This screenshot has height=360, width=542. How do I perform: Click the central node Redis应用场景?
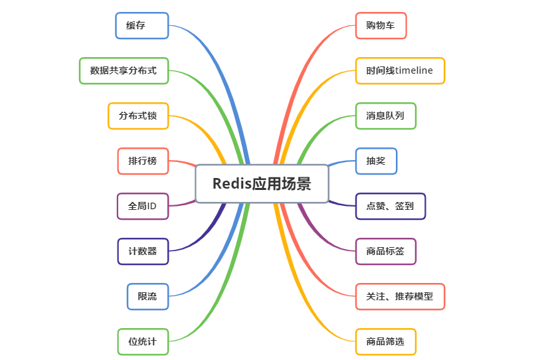[x=262, y=183]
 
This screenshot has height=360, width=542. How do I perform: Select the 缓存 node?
[x=141, y=25]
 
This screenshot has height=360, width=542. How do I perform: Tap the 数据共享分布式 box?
[x=124, y=70]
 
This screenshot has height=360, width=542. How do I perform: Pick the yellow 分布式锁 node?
[x=138, y=116]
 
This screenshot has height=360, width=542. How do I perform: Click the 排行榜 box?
[x=143, y=161]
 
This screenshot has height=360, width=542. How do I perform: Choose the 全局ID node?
[x=143, y=206]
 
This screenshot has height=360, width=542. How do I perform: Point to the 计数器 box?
[x=143, y=251]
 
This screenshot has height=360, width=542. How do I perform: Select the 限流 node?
[x=147, y=296]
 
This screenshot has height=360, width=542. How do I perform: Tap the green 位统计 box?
[x=143, y=341]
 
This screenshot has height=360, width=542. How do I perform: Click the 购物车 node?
[x=381, y=25]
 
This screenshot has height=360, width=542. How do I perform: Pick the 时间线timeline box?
[x=400, y=70]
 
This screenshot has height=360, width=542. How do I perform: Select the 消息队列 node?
[x=385, y=116]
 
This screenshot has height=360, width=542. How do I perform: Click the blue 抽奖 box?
[x=376, y=161]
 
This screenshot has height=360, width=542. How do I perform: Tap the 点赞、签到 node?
[x=390, y=206]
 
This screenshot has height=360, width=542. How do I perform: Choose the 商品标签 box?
[x=385, y=251]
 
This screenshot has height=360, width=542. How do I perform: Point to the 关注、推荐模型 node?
[x=400, y=296]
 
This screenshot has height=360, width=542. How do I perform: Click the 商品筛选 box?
[x=385, y=341]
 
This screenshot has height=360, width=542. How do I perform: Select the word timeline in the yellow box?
[x=414, y=70]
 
